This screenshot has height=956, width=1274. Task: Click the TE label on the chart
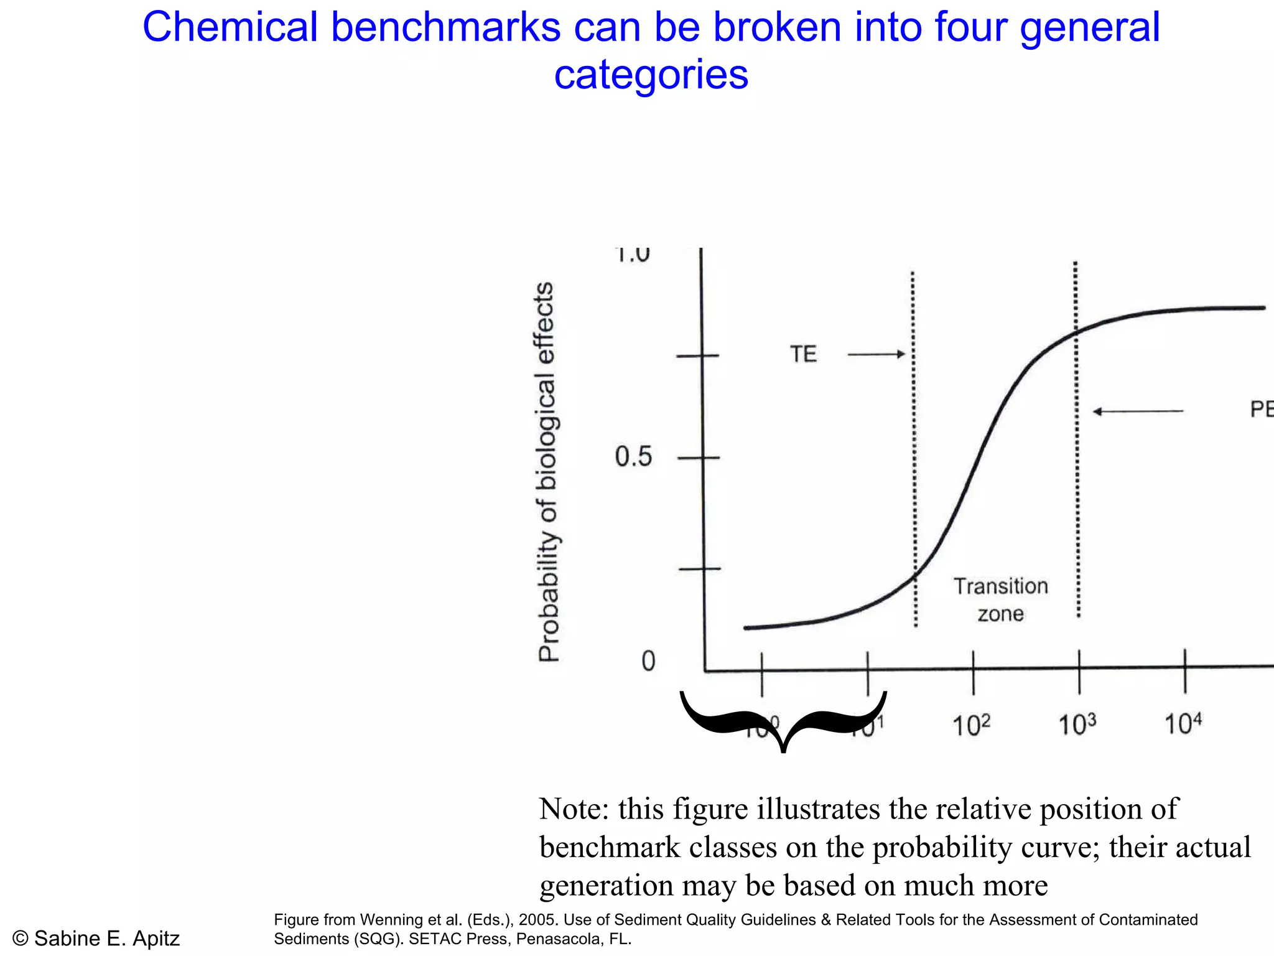pos(803,354)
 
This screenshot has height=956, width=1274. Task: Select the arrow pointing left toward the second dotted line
pos(1138,411)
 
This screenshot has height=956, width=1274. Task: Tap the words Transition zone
pos(1000,599)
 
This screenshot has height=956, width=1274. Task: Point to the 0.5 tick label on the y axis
pos(633,457)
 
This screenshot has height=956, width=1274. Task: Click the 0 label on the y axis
pos(648,661)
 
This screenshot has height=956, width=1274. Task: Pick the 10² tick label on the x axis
pos(972,725)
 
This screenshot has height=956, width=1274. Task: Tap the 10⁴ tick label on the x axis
pos(1183,724)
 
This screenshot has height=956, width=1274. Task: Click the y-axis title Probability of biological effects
pos(547,471)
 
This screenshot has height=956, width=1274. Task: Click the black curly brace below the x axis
pos(783,722)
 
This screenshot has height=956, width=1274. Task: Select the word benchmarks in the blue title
pos(445,27)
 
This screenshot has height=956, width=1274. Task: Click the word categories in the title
pos(651,75)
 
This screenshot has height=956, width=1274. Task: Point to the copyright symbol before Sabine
pos(21,939)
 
